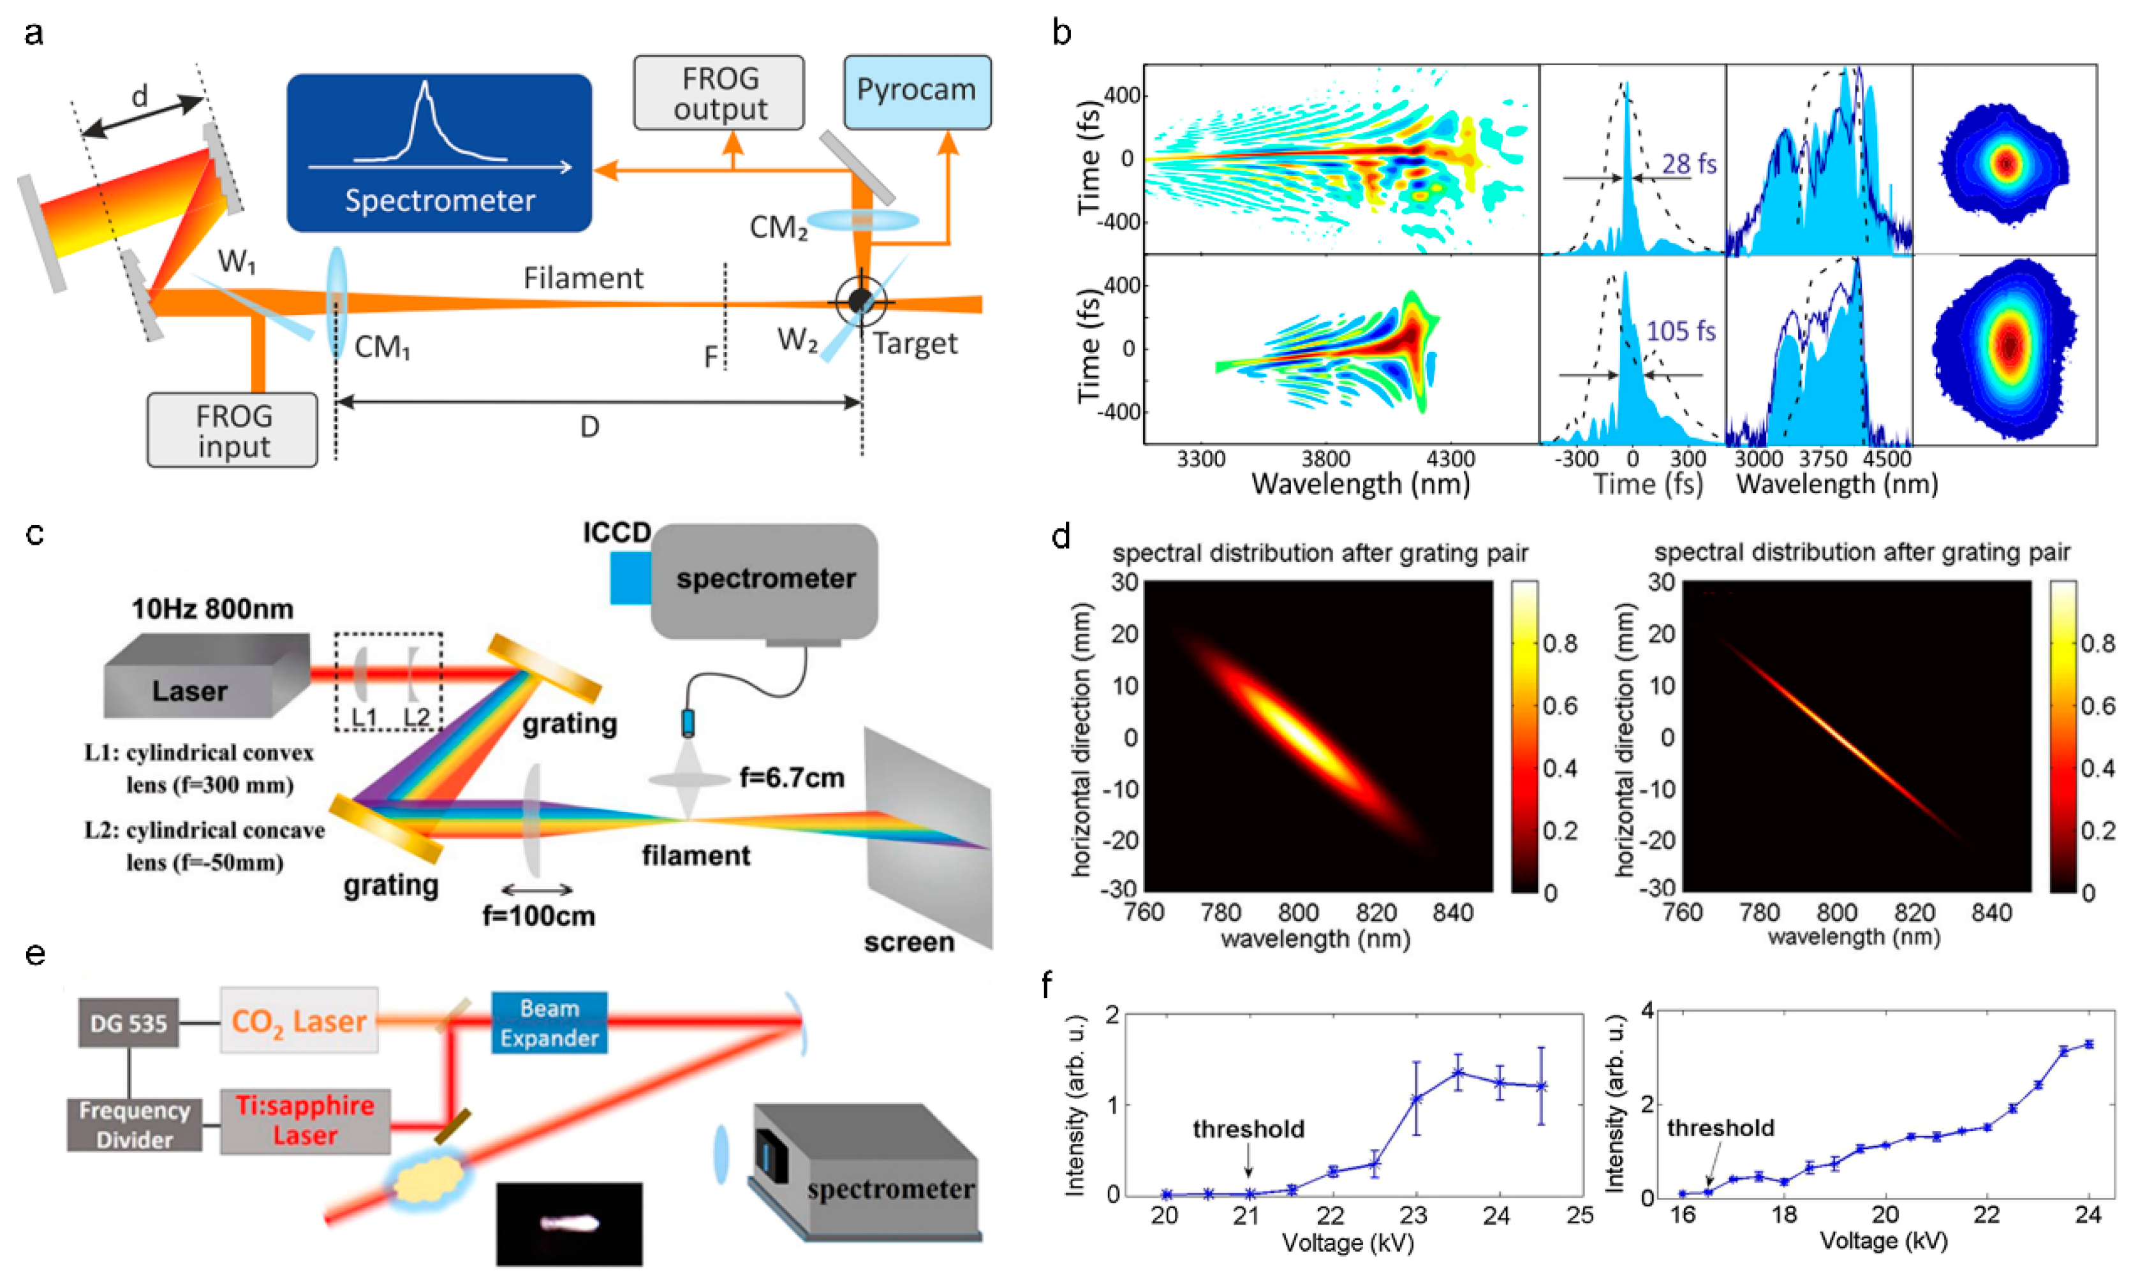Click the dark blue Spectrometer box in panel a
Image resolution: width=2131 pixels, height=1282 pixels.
point(439,153)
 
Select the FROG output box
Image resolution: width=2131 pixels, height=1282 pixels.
point(719,93)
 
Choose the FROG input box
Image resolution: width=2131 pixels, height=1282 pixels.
point(232,431)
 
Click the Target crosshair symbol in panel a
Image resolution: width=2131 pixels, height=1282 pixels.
point(860,300)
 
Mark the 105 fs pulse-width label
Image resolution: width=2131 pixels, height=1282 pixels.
point(1680,331)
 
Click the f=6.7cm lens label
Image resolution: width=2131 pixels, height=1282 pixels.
point(792,778)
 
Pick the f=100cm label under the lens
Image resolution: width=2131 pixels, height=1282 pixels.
point(538,916)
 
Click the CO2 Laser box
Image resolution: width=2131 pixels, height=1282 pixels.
point(299,1020)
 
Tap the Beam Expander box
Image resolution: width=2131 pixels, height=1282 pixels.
point(549,1023)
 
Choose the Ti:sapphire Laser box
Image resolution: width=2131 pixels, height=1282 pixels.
point(305,1121)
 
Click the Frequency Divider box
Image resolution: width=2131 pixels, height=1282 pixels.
point(135,1124)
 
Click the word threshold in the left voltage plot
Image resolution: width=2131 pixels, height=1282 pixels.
point(1248,1129)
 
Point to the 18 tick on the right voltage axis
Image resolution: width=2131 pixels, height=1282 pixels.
point(1784,1216)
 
